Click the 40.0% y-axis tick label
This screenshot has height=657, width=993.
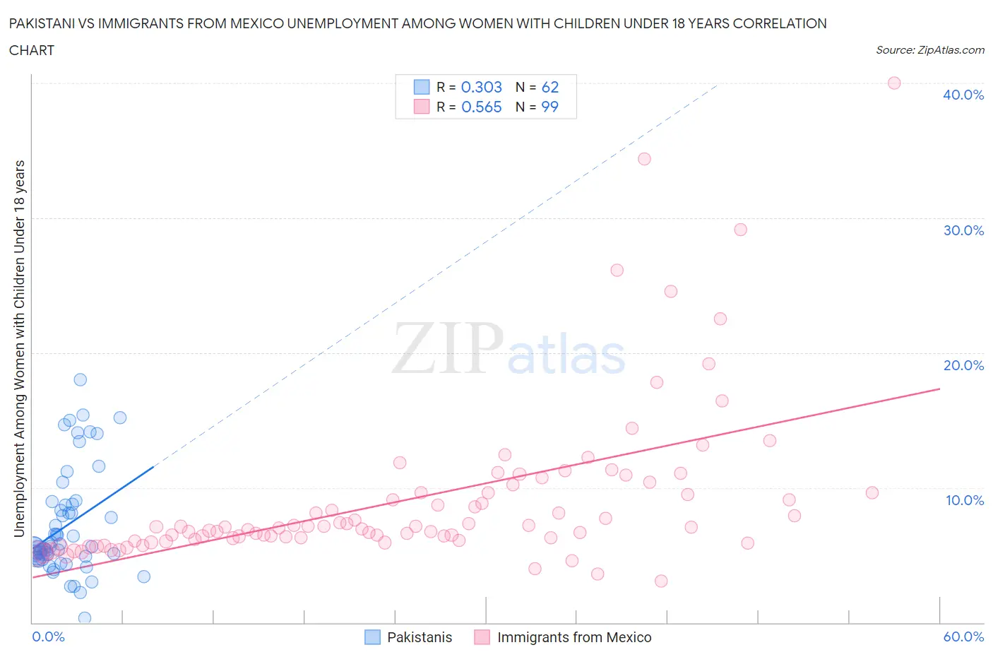963,95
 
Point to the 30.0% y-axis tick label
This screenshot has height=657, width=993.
963,230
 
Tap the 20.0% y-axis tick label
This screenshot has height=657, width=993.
963,365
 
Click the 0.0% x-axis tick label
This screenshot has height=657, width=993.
48,637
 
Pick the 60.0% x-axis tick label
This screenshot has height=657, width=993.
963,637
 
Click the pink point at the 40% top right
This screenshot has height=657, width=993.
893,83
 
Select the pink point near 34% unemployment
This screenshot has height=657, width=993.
644,159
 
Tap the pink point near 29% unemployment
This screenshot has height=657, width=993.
740,230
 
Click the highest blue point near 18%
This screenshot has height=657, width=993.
81,379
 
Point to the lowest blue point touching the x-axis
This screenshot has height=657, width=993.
85,617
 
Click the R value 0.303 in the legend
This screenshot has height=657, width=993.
481,87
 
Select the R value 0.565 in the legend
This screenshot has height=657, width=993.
481,107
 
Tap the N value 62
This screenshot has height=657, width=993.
549,87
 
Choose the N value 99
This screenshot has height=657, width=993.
549,107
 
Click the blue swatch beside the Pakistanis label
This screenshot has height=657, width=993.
372,637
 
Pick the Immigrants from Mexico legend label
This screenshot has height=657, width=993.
573,637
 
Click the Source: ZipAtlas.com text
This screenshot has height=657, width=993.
929,50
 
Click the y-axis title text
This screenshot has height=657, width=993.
19,348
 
